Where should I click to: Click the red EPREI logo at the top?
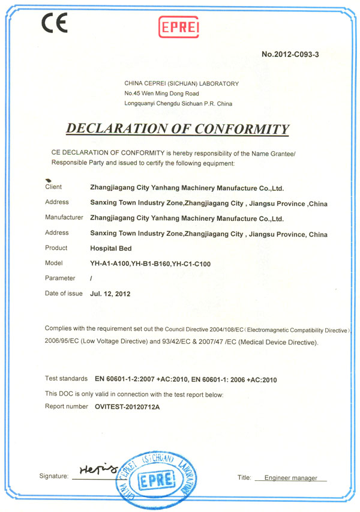(x=179, y=26)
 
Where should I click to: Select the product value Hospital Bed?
(x=110, y=248)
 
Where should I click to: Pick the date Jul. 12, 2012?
(x=110, y=294)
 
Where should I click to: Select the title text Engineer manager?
(x=290, y=478)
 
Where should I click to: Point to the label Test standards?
(x=67, y=379)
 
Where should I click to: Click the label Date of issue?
(x=64, y=294)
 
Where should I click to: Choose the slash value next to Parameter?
(x=91, y=279)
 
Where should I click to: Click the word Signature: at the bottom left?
(x=54, y=477)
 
